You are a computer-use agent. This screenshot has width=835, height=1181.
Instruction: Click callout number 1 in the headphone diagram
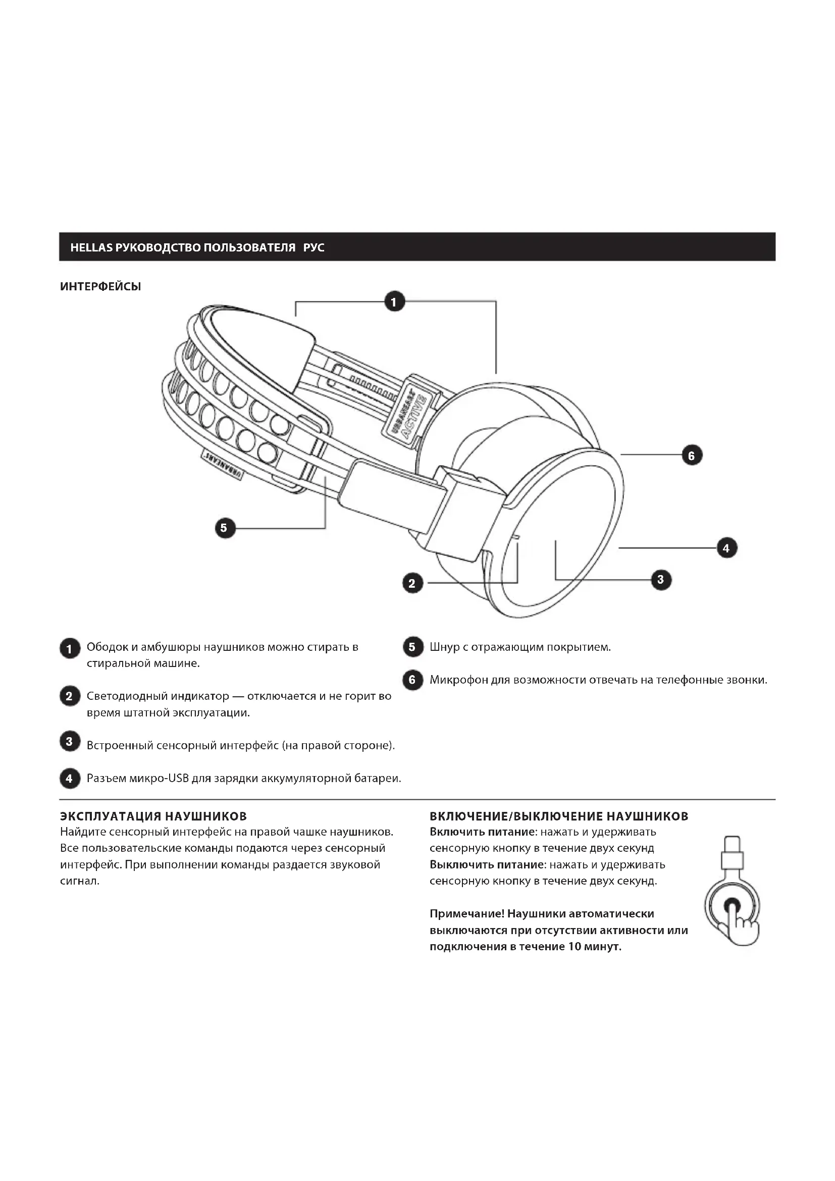coord(394,301)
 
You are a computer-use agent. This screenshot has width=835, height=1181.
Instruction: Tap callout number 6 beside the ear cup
coord(692,455)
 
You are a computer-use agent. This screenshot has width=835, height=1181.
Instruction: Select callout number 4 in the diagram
coord(726,548)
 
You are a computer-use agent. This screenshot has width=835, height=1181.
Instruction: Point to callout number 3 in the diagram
coord(661,580)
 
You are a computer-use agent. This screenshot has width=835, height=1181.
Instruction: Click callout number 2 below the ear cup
coord(412,583)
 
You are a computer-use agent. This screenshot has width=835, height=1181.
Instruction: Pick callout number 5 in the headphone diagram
coord(224,528)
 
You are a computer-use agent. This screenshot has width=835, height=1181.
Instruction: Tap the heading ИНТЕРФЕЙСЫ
coord(101,286)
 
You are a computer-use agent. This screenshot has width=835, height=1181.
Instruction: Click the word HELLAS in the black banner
coord(91,247)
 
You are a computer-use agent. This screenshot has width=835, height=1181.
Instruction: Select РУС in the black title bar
coord(314,247)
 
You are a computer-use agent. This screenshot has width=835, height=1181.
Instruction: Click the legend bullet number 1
coord(69,649)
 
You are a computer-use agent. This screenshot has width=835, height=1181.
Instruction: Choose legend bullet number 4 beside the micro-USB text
coord(69,778)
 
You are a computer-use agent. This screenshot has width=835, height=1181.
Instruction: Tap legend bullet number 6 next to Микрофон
coord(412,680)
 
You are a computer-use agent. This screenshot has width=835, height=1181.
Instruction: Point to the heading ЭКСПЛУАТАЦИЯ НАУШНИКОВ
coord(153,816)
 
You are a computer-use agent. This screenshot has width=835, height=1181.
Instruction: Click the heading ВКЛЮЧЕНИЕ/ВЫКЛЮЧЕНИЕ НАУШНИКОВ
coord(559,816)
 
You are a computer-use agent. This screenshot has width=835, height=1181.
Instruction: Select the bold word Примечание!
coord(466,913)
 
